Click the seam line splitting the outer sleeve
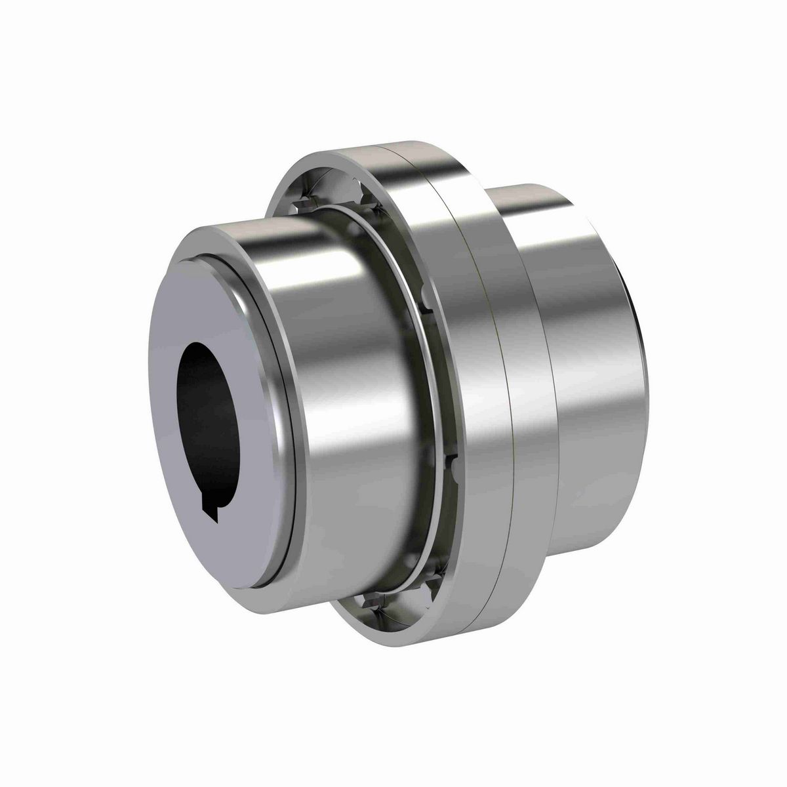pos(505,393)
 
